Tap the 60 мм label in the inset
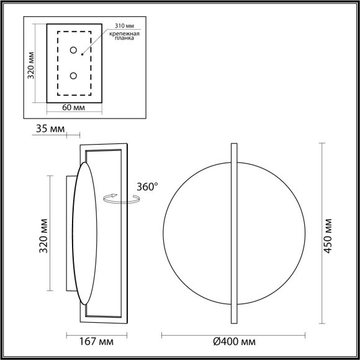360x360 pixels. tap(74, 109)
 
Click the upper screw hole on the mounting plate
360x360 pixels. tap(73, 50)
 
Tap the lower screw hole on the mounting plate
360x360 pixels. tap(73, 76)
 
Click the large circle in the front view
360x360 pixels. tap(199, 233)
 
